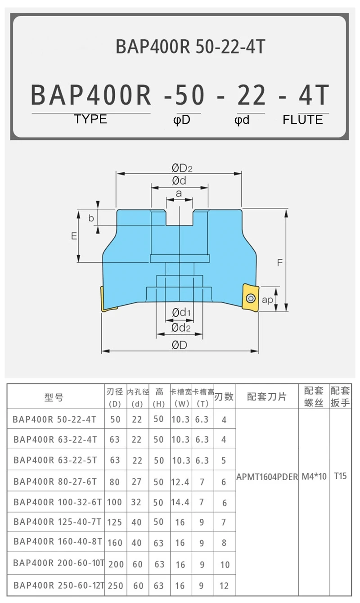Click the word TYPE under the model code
coord(90,119)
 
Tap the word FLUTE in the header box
coord(303,120)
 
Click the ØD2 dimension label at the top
coord(181,168)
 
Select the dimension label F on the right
coord(279,263)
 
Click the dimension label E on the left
coord(74,236)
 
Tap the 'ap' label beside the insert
coord(267,300)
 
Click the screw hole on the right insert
coord(250,298)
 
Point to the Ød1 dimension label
coord(182,312)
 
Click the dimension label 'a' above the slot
coord(179,193)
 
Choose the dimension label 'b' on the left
coord(91,218)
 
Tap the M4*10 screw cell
coord(314,477)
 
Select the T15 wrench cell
coord(340,476)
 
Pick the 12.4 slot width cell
coord(180,482)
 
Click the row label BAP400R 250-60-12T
coord(58,585)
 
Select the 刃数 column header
coord(224,397)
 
